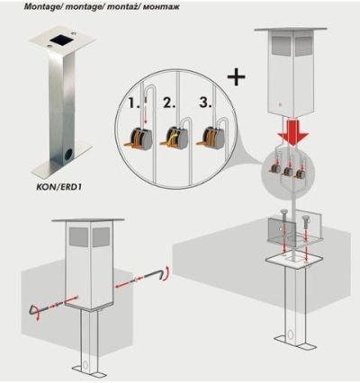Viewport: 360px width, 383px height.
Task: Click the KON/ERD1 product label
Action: (x=59, y=188)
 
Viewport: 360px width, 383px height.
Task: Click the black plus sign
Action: (x=237, y=76)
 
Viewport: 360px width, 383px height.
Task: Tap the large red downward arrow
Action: (x=292, y=130)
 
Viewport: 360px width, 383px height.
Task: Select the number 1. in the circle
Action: (x=134, y=102)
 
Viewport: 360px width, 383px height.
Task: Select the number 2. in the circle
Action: (x=169, y=102)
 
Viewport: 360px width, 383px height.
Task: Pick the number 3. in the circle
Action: (x=205, y=102)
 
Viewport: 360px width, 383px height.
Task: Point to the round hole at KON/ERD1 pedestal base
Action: (x=67, y=155)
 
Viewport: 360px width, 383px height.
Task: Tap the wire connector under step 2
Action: (x=175, y=138)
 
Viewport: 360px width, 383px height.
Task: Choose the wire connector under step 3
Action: (x=211, y=138)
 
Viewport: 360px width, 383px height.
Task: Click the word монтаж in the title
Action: (x=161, y=6)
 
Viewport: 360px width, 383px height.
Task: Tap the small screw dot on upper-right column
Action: (x=280, y=104)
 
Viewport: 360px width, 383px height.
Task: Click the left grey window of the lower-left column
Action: (x=79, y=236)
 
